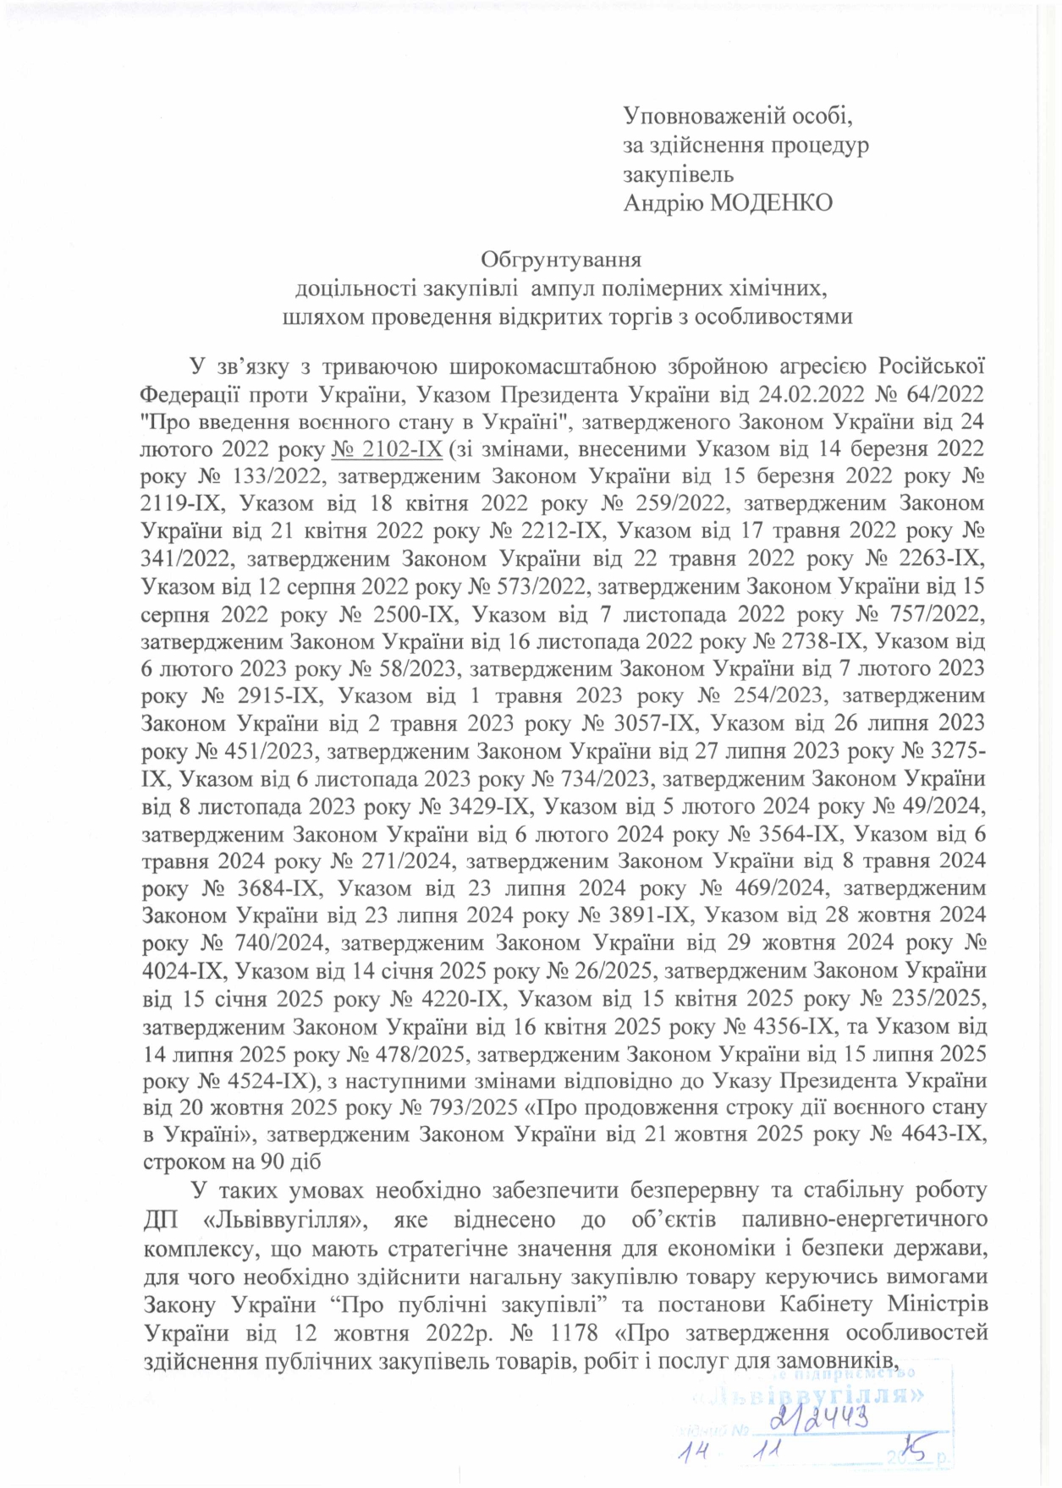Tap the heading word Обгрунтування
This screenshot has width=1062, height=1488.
(x=561, y=259)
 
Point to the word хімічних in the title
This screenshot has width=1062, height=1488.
(x=774, y=288)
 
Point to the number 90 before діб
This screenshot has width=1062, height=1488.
(x=270, y=1162)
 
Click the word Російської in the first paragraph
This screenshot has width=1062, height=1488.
(x=931, y=366)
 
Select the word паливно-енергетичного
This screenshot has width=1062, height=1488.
(x=864, y=1220)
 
